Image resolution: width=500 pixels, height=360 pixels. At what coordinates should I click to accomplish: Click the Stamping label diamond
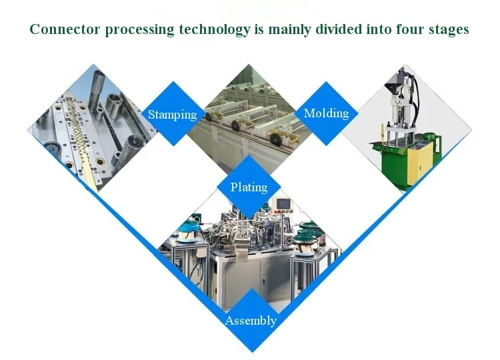[173, 114]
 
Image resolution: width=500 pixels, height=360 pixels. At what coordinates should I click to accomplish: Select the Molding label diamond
[326, 113]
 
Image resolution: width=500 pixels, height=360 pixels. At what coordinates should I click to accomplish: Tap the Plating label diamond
[249, 187]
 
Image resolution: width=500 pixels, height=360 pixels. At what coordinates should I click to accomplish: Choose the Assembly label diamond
[251, 321]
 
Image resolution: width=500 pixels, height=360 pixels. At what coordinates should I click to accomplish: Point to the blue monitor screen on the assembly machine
[285, 203]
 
